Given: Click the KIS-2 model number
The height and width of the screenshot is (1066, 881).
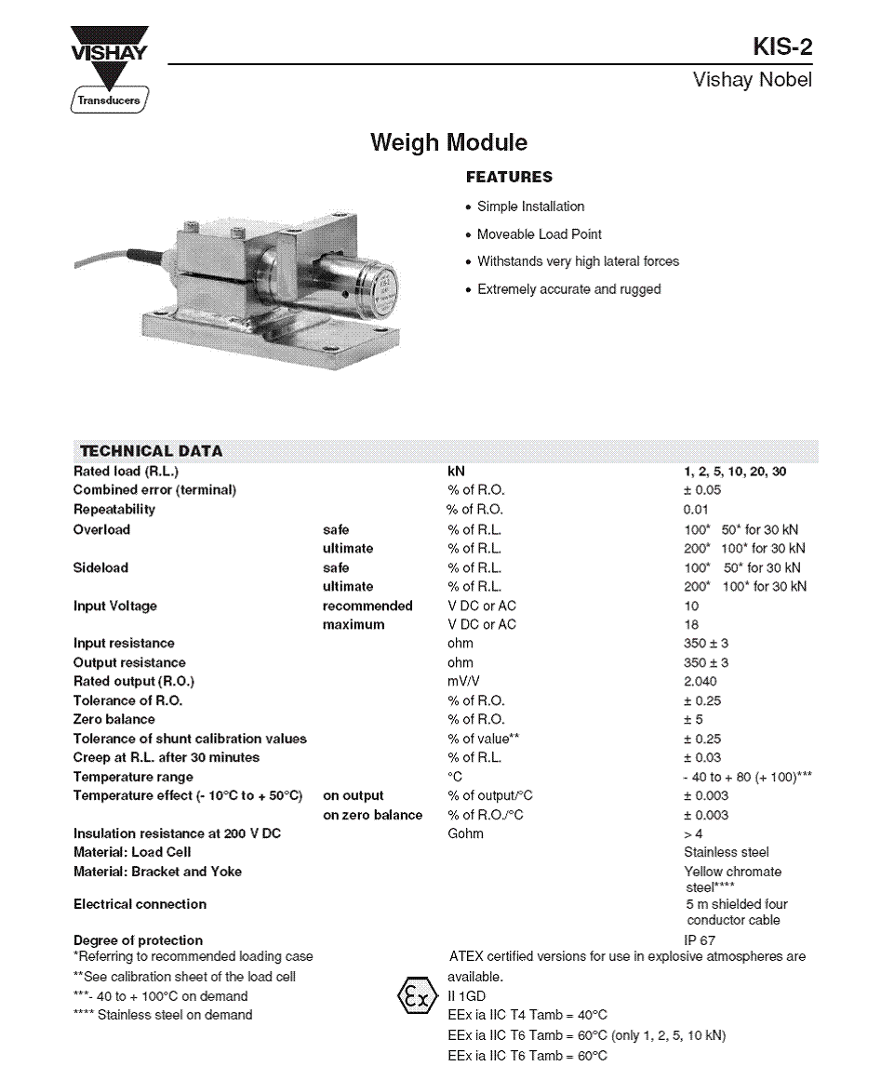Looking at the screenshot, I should tap(781, 47).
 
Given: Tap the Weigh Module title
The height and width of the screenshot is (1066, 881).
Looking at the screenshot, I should tap(448, 142).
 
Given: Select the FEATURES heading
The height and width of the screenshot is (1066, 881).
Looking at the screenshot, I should tap(509, 177).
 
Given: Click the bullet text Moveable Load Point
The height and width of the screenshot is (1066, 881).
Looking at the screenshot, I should tap(539, 234).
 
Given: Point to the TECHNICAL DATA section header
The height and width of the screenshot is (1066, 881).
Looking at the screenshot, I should tap(151, 451).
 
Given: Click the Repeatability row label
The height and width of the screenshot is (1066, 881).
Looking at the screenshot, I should tap(114, 510).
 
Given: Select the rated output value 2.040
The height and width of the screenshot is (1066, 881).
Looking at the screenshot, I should tap(701, 682).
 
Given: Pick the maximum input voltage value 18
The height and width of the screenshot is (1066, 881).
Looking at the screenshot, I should tap(691, 625).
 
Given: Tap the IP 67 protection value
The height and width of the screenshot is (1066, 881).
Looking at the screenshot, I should tap(700, 940).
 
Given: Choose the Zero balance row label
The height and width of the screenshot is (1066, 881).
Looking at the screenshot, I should tap(114, 720).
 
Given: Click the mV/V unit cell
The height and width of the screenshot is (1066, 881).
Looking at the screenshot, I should tap(462, 682).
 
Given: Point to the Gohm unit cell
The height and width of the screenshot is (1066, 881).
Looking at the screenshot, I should tap(465, 833).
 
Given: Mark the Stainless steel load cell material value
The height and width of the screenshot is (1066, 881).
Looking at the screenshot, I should tap(726, 852).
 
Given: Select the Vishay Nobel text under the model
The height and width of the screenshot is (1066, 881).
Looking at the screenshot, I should tap(752, 80).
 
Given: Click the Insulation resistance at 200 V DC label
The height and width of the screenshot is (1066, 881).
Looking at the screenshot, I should tap(177, 833).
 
